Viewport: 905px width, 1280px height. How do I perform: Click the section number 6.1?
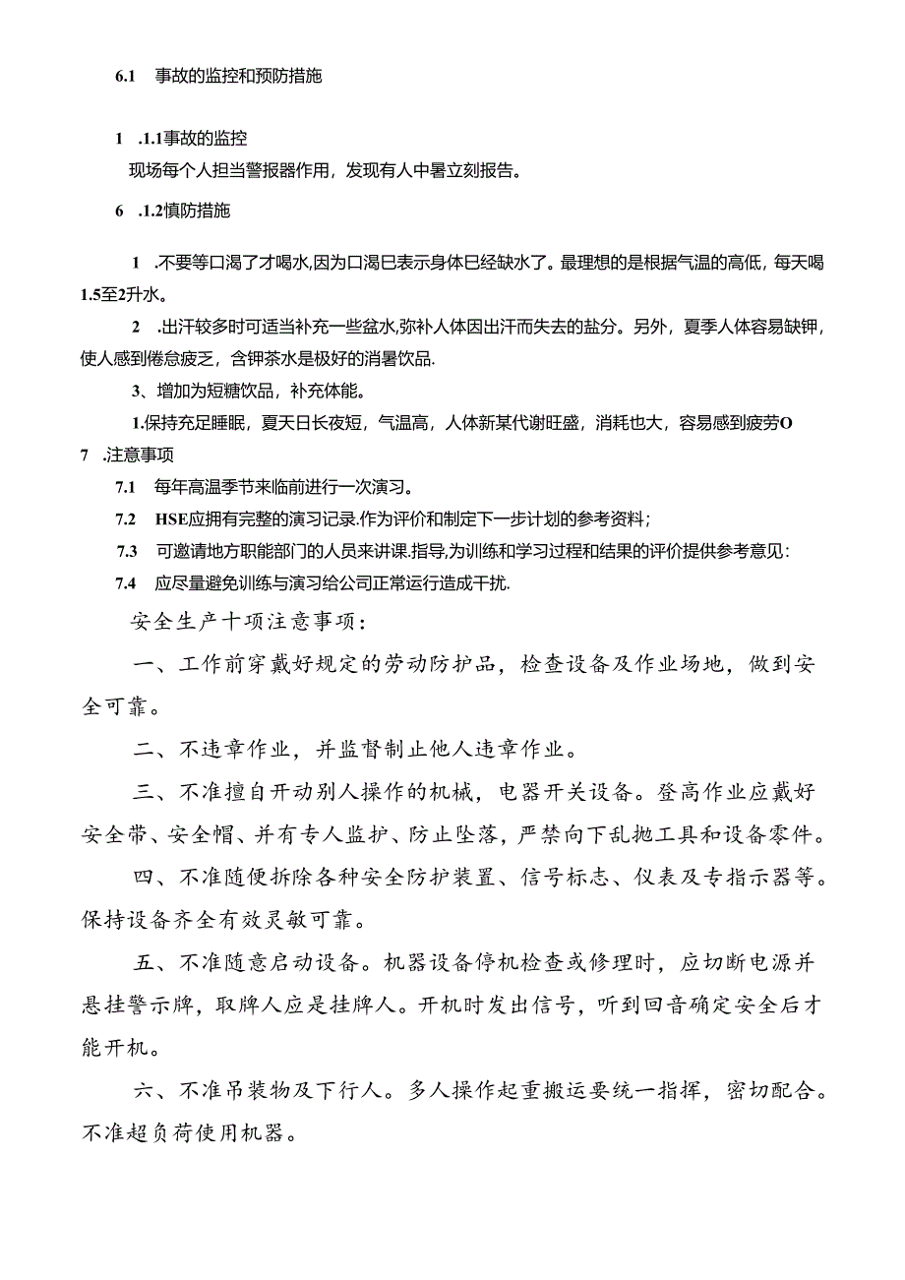(125, 76)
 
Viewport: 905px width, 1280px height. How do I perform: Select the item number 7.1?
(125, 487)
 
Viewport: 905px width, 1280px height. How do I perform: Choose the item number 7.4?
(125, 582)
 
